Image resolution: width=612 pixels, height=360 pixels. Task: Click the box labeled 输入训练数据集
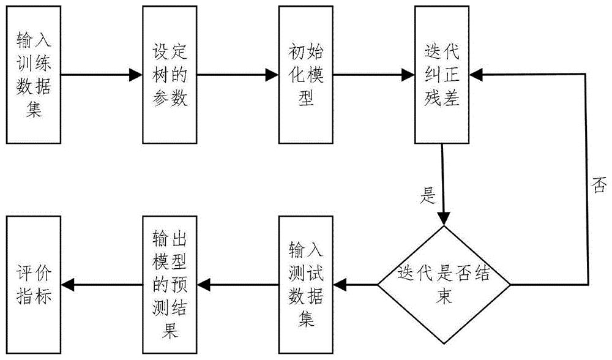point(34,75)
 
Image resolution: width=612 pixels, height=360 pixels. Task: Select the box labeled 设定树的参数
point(170,75)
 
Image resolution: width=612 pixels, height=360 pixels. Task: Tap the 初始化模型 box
point(306,75)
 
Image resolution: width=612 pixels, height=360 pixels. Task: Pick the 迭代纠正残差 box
point(442,75)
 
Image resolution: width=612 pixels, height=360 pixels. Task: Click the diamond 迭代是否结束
point(444,285)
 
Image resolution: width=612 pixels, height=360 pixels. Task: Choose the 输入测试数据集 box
point(306,285)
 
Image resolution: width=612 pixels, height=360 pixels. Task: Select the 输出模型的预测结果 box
point(170,285)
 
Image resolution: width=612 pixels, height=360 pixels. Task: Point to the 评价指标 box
point(34,285)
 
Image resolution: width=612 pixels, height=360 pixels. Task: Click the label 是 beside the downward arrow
point(428,195)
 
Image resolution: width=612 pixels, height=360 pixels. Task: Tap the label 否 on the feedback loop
point(600,184)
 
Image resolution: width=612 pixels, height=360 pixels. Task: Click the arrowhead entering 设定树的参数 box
point(135,75)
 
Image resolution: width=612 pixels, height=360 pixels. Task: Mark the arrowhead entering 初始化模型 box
point(272,75)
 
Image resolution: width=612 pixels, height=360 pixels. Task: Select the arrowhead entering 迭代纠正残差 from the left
point(408,75)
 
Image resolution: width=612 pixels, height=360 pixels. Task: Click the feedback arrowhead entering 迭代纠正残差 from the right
point(476,75)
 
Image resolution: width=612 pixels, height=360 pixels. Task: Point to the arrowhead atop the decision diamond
point(443,219)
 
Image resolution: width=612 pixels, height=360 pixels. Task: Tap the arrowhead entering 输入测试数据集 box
point(340,285)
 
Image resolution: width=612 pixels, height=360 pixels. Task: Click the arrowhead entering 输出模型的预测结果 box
point(204,285)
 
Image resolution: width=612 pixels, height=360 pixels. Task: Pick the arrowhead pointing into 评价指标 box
point(68,285)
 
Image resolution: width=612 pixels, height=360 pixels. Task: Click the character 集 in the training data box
point(34,109)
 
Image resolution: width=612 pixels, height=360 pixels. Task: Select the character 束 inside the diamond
point(444,296)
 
